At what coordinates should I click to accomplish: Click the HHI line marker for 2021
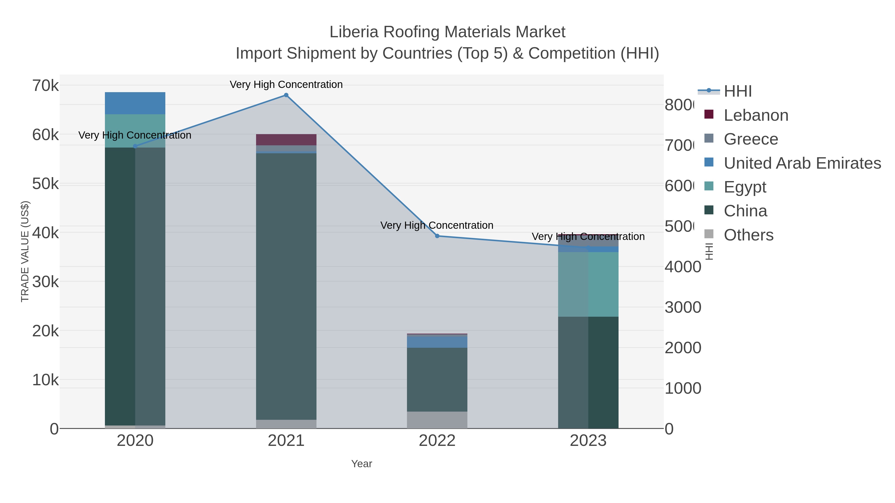click(x=286, y=95)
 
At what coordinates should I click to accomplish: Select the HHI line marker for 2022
click(x=437, y=236)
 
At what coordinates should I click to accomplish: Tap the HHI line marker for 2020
click(x=135, y=146)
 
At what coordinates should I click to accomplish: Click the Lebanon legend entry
click(x=756, y=115)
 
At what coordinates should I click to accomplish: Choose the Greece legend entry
click(x=751, y=139)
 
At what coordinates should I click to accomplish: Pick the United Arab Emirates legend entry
click(x=802, y=163)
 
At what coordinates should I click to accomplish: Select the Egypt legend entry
click(x=745, y=187)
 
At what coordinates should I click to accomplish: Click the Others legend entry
click(x=748, y=235)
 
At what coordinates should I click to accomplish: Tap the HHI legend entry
click(x=737, y=91)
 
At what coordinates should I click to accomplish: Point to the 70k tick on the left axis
click(x=45, y=86)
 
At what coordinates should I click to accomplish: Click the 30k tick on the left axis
click(x=45, y=282)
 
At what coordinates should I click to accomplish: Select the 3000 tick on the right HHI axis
click(x=683, y=308)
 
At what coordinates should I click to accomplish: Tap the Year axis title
click(x=361, y=464)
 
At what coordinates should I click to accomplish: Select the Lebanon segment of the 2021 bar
click(x=286, y=140)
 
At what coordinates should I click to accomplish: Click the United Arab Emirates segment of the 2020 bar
click(x=135, y=103)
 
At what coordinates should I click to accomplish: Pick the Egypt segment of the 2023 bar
click(x=588, y=284)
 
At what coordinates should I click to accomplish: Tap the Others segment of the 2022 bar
click(x=437, y=420)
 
